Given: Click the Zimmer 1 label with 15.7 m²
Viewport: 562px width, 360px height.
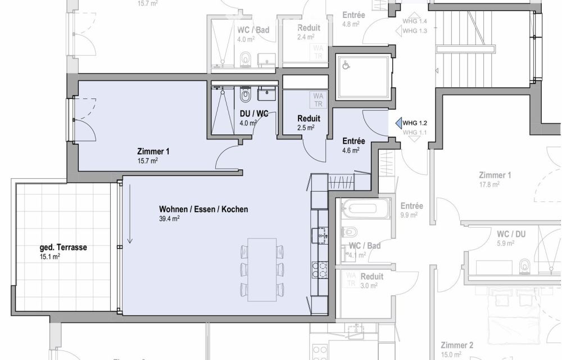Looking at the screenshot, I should point(153,151).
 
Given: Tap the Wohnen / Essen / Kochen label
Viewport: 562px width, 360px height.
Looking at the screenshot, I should point(203,209).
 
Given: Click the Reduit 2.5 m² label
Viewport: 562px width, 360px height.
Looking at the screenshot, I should point(309,119).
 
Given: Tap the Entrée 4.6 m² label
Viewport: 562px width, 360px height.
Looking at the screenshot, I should point(353,141).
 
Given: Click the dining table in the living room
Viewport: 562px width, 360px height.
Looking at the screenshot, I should point(262,268).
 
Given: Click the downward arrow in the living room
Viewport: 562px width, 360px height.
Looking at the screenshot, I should point(130,214).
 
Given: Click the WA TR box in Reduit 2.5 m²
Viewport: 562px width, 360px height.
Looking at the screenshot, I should point(318,100).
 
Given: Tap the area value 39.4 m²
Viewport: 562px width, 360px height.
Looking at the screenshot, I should point(169,219).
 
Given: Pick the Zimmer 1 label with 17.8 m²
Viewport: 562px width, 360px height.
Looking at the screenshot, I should point(495,175).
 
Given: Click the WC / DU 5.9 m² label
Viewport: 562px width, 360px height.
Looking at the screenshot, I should point(511,233).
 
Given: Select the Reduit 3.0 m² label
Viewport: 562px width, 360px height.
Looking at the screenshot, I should point(371,277).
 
